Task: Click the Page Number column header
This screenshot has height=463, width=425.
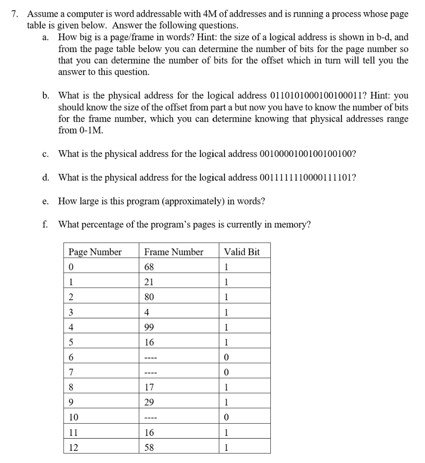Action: [x=95, y=252]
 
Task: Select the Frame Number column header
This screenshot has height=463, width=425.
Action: [x=174, y=252]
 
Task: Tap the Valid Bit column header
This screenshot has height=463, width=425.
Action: [x=242, y=252]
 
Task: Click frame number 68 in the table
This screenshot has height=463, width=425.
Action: [x=149, y=267]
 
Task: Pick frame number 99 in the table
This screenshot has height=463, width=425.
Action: [x=149, y=326]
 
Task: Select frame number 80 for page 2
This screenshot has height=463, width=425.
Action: [x=149, y=297]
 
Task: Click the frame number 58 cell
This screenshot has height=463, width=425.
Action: [x=149, y=448]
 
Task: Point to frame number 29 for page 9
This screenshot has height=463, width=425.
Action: [x=149, y=402]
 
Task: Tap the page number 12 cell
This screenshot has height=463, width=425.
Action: [x=73, y=448]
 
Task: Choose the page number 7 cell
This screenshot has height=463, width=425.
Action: [x=71, y=372]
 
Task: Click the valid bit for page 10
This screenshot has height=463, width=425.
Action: [x=227, y=417]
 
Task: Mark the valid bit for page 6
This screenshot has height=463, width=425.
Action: [x=227, y=357]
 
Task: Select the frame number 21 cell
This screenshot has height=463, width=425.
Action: [x=149, y=282]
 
